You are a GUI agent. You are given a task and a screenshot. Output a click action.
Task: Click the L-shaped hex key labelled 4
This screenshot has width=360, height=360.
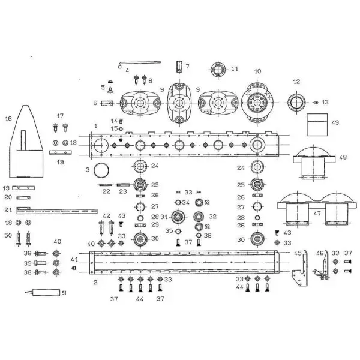139,64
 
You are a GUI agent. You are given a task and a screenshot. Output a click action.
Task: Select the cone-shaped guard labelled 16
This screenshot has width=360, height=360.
26,142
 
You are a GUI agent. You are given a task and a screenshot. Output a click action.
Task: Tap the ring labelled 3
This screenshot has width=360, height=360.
101,170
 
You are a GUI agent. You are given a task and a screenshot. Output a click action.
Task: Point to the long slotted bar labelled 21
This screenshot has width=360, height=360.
57,211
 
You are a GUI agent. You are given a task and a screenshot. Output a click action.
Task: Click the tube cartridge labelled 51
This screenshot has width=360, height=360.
43,292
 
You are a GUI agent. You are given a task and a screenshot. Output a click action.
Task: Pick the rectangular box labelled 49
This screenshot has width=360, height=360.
317,125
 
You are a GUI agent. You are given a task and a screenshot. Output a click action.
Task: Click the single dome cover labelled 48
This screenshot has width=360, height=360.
314,162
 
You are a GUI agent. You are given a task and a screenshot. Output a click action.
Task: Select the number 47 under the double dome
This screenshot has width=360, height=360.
317,213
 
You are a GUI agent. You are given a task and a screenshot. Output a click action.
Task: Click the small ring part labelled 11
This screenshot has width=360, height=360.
218,70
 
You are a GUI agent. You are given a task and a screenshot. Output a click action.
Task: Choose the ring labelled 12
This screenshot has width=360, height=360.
296,103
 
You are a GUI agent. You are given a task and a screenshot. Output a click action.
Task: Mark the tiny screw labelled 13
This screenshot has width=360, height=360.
316,103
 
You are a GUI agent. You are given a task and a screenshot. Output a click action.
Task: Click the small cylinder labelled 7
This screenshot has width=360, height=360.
179,67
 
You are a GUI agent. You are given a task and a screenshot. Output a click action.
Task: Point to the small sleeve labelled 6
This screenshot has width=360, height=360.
107,104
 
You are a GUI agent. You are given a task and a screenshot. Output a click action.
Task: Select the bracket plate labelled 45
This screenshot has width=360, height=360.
300,268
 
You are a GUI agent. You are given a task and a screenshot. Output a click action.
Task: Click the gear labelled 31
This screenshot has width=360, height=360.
178,217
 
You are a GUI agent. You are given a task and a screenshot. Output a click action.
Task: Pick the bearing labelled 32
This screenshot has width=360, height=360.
199,217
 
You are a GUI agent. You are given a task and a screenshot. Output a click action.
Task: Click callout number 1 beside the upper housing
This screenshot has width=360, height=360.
96,126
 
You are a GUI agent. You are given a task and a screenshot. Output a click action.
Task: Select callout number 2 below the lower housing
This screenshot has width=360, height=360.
95,282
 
